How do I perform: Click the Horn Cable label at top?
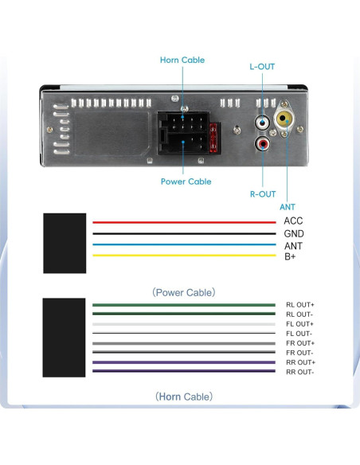click(182, 60)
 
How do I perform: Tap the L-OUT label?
click(261, 67)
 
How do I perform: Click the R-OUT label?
click(262, 193)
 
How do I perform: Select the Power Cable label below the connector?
click(186, 182)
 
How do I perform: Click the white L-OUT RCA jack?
click(261, 123)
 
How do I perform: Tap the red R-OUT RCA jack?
click(261, 144)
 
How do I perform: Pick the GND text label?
click(294, 234)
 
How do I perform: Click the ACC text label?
click(293, 221)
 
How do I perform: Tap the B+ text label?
click(291, 256)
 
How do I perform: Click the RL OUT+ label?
click(300, 305)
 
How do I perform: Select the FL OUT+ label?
click(300, 324)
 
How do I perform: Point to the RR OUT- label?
click(300, 372)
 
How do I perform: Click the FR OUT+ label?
click(300, 343)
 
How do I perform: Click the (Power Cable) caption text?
click(183, 292)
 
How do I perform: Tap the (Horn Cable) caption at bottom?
click(183, 396)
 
